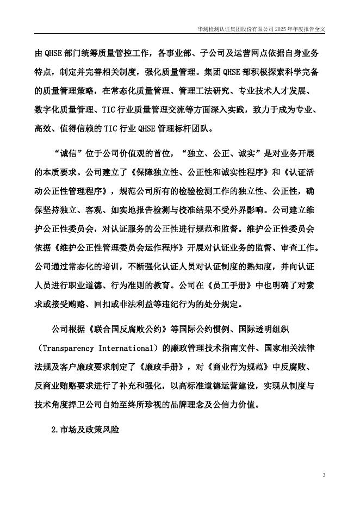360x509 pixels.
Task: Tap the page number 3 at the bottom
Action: [x=324, y=476]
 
